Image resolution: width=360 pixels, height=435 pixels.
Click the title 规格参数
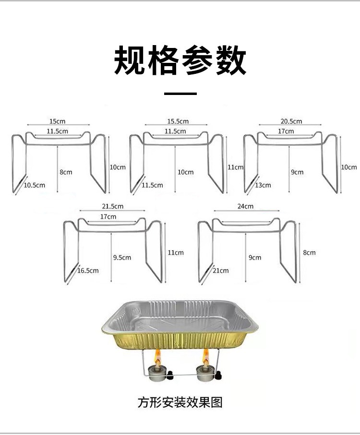180,60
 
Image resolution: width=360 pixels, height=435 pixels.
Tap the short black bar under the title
180,94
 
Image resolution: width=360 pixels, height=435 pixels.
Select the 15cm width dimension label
57,121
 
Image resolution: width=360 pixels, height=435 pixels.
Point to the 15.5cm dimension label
178,121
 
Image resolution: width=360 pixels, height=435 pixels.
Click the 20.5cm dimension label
291,121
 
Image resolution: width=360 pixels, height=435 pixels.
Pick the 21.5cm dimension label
112,206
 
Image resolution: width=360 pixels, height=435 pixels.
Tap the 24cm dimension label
245,206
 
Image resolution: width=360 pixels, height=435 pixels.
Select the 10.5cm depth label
34,185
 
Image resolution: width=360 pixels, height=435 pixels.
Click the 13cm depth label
263,185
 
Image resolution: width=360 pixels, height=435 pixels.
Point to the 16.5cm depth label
88,270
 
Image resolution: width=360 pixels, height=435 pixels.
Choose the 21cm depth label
221,270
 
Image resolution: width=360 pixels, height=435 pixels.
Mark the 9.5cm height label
122,258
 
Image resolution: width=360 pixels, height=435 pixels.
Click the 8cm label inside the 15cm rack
66,172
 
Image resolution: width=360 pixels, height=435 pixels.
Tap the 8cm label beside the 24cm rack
309,252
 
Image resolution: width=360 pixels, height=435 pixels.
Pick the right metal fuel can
204,373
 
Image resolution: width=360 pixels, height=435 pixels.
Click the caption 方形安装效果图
180,402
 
